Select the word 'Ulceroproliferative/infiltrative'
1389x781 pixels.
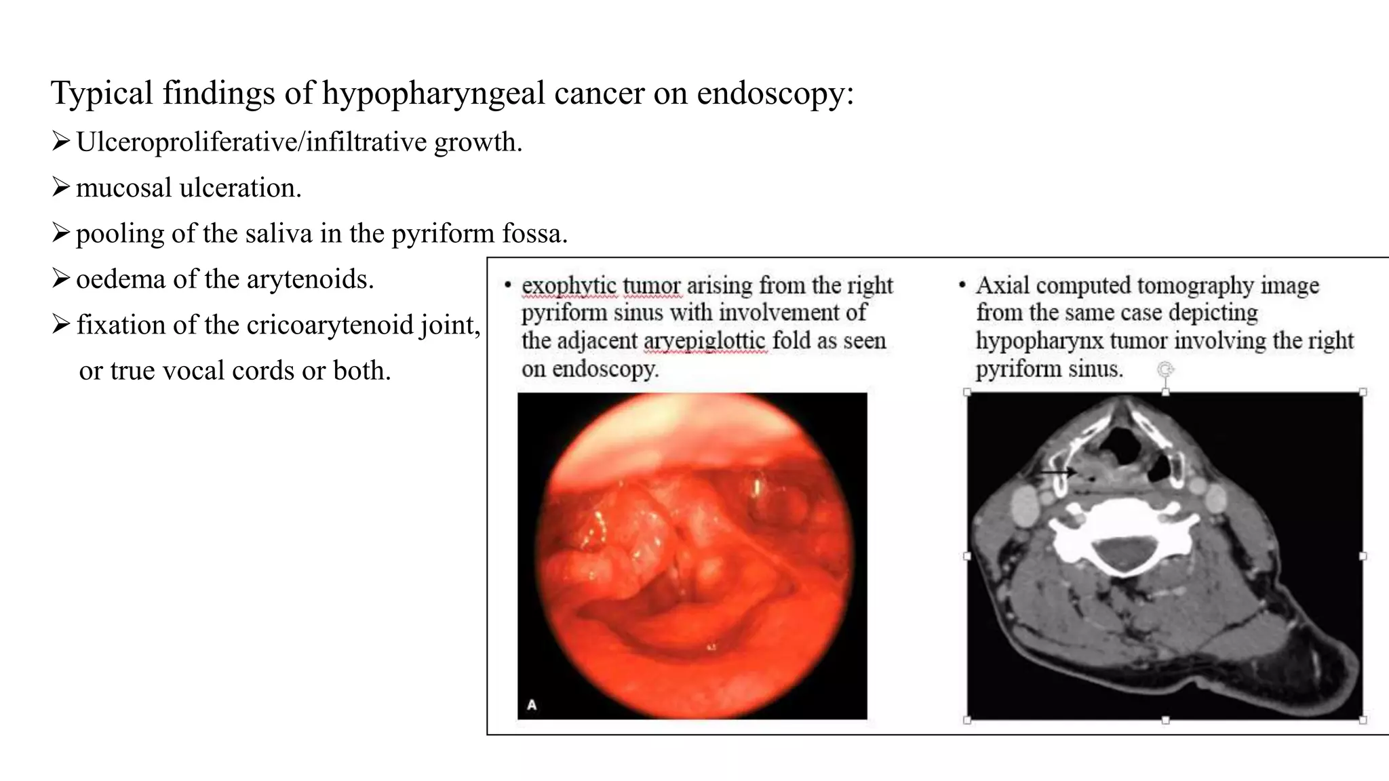pos(252,142)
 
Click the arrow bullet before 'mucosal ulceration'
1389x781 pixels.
pos(61,187)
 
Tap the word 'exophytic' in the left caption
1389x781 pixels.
pos(569,286)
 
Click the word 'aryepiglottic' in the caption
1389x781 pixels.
pos(705,341)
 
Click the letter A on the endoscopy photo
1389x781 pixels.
pos(532,705)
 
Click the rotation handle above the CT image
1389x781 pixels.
pos(1165,369)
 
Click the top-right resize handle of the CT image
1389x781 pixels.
pos(1363,393)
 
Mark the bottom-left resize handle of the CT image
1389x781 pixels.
pos(967,720)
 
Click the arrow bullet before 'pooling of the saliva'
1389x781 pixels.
pos(61,233)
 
